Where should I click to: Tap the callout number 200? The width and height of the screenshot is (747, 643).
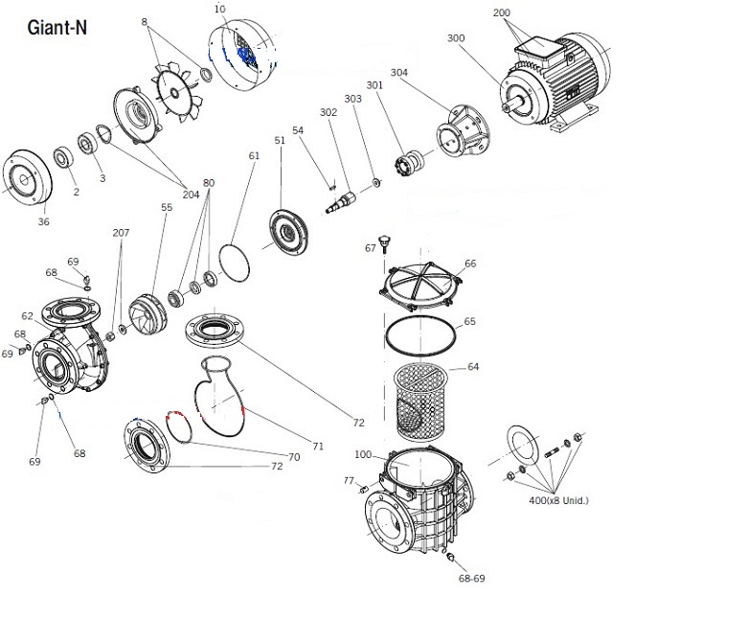[x=502, y=13]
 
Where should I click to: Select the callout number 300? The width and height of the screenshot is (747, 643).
[x=456, y=37]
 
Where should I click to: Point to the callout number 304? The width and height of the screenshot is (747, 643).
[x=399, y=72]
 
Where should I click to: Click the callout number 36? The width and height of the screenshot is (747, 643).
[x=44, y=221]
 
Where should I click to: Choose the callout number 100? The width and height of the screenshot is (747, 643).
[x=363, y=454]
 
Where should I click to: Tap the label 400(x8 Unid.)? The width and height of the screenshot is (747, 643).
[x=558, y=500]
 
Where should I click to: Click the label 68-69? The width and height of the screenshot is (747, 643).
[x=473, y=579]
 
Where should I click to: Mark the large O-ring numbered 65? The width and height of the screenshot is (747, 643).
[x=420, y=336]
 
